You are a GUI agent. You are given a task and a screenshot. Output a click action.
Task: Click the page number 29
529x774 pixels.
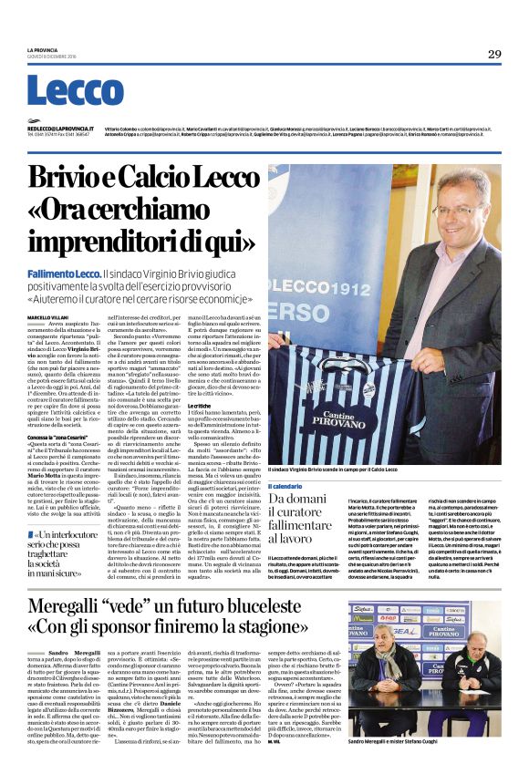(494, 55)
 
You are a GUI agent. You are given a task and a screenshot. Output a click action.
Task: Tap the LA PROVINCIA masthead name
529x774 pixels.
(42, 50)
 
